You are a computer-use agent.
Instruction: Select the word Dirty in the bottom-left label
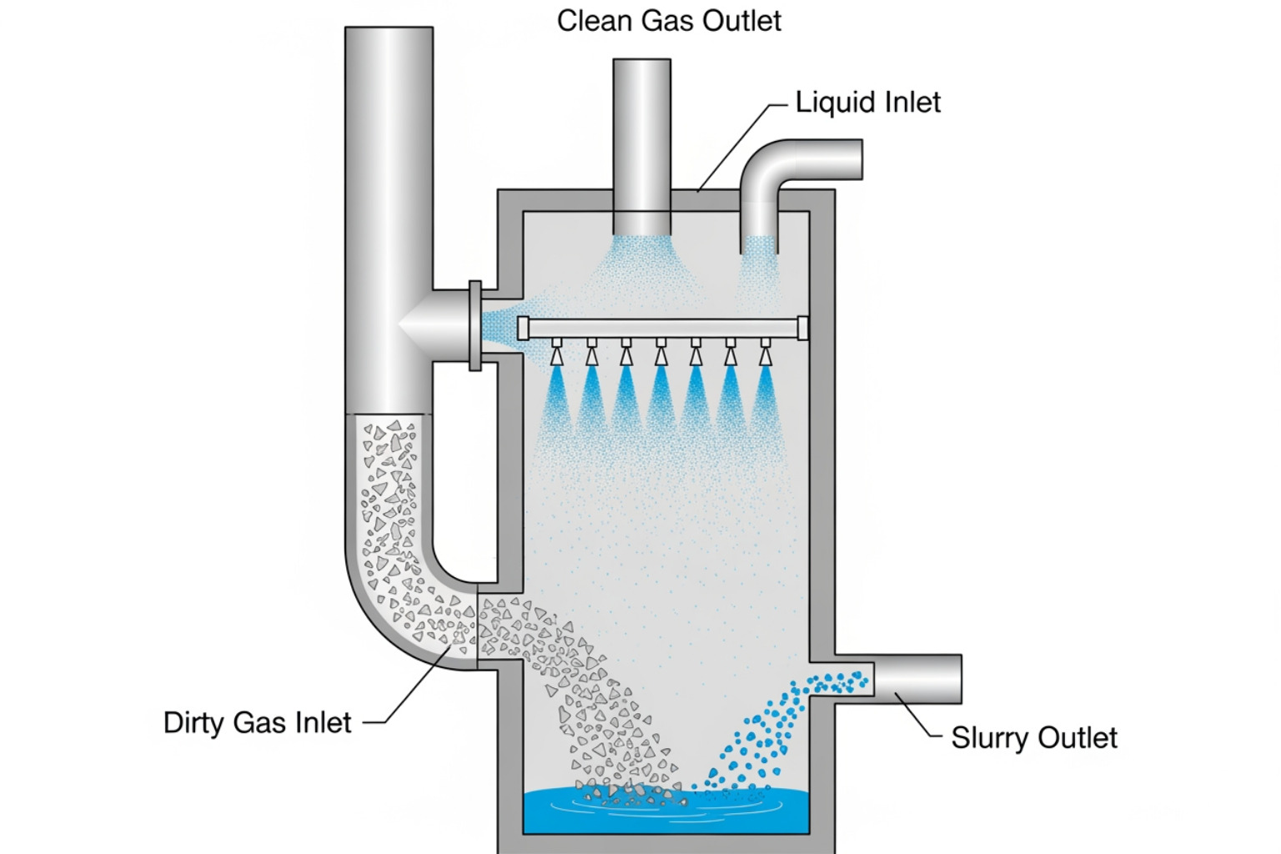(193, 722)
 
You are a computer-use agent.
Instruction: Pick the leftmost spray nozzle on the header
(556, 352)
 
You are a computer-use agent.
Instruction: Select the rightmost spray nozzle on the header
(765, 352)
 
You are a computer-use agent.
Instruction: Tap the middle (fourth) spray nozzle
(661, 352)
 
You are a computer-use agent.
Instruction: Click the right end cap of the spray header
(802, 328)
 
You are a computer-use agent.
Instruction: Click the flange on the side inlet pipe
(475, 325)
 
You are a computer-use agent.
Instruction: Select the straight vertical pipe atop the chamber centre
(642, 142)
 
